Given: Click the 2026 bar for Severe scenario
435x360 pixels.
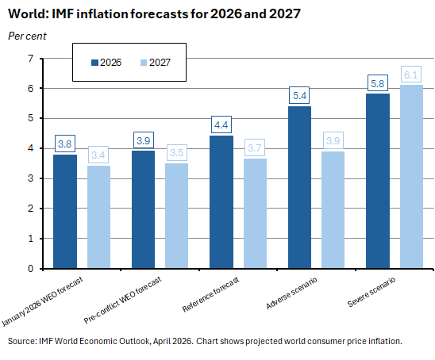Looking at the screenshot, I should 377,181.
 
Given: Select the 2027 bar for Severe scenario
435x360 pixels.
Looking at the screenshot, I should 411,176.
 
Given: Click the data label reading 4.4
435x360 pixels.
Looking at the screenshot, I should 221,124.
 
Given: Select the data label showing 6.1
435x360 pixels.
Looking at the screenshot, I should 411,74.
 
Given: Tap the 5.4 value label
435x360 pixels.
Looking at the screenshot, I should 299,95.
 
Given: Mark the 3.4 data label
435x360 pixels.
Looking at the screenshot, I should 99,155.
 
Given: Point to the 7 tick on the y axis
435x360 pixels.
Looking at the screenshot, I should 29,59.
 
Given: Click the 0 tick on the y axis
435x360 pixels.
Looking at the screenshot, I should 29,268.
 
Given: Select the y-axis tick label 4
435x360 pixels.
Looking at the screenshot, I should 29,148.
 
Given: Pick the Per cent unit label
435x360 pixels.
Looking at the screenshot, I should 28,35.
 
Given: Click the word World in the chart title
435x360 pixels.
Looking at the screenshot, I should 28,14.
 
